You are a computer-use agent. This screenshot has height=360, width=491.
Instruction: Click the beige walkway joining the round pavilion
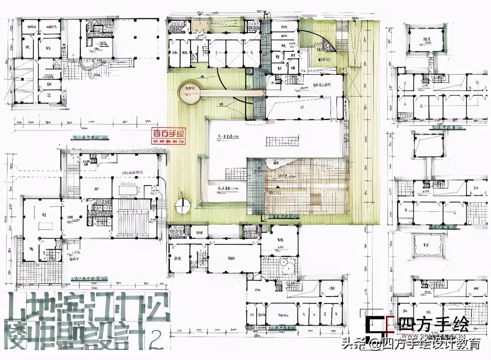(x=230, y=93)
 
